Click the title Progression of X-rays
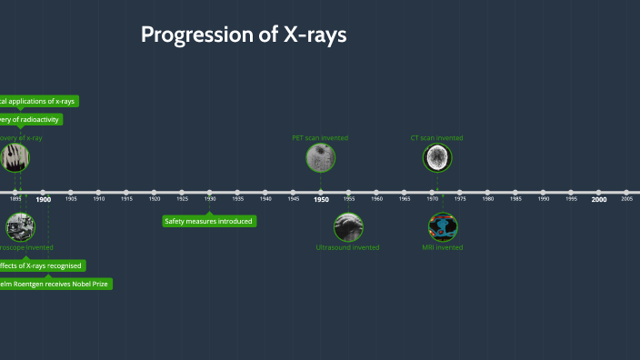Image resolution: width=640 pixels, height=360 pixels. (x=244, y=35)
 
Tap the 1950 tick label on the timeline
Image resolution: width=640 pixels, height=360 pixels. (x=321, y=199)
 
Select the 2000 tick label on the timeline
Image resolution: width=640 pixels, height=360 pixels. (x=598, y=199)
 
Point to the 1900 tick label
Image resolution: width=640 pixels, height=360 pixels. (x=44, y=199)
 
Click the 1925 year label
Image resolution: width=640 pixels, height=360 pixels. (x=182, y=199)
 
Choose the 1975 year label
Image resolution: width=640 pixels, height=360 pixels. (x=460, y=199)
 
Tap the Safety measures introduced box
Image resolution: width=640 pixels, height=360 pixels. (x=209, y=221)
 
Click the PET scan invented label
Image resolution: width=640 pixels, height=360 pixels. (x=320, y=138)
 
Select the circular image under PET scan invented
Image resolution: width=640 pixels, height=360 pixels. (x=320, y=158)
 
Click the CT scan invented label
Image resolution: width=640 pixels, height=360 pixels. (x=437, y=138)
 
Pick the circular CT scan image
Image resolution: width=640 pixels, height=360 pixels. (x=437, y=158)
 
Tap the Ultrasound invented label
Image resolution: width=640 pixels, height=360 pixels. (x=347, y=247)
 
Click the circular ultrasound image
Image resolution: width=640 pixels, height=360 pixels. (x=347, y=226)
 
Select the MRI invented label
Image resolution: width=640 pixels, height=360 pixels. (x=443, y=247)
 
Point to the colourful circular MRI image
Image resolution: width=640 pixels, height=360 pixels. (x=443, y=226)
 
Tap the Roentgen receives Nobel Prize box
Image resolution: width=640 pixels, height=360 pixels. (x=55, y=284)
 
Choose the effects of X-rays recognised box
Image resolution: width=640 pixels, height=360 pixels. (x=42, y=265)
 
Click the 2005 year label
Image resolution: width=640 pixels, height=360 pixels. (x=626, y=199)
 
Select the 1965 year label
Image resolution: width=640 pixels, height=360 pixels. (x=405, y=199)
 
